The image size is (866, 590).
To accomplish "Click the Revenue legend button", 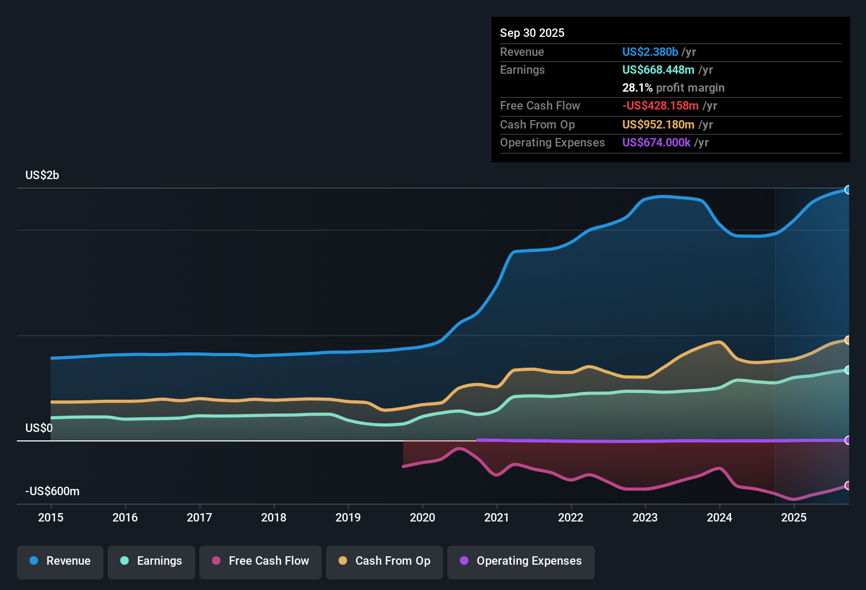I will [x=60, y=562].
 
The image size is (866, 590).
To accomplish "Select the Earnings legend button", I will [x=151, y=562].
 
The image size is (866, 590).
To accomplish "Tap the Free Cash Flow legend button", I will [x=261, y=562].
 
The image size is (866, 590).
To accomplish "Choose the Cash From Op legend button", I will [x=384, y=562].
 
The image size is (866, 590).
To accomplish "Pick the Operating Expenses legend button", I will [x=521, y=562].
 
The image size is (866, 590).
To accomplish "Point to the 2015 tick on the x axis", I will [x=51, y=517].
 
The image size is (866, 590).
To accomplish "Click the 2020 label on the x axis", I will [x=422, y=517].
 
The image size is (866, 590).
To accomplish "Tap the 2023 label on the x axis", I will [x=645, y=517].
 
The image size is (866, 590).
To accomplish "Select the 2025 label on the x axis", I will [x=794, y=517].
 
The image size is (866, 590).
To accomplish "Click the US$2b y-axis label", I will [x=42, y=175].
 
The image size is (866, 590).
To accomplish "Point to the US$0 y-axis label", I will [x=39, y=428].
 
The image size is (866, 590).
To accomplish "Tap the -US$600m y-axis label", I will [x=52, y=491].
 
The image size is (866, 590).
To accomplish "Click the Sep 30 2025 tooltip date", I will [x=532, y=33].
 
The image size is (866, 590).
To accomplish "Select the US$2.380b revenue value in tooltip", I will [x=650, y=52].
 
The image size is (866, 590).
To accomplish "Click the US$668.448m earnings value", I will [x=658, y=70].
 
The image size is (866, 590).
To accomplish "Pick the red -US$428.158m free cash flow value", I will [x=660, y=106].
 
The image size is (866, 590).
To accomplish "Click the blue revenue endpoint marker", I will [x=848, y=190].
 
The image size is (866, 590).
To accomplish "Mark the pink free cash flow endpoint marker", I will [x=848, y=485].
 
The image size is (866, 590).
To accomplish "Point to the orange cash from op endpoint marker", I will [x=848, y=340].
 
